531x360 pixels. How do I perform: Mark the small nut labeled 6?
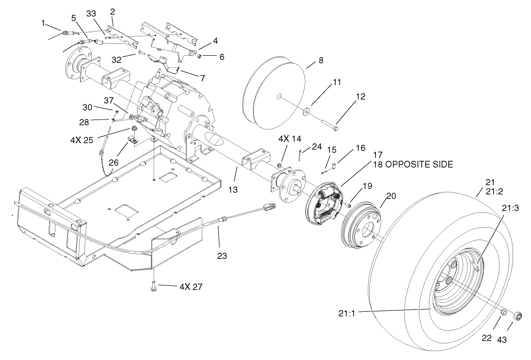coord(200,57)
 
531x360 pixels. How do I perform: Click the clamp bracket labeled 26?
coord(132,140)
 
